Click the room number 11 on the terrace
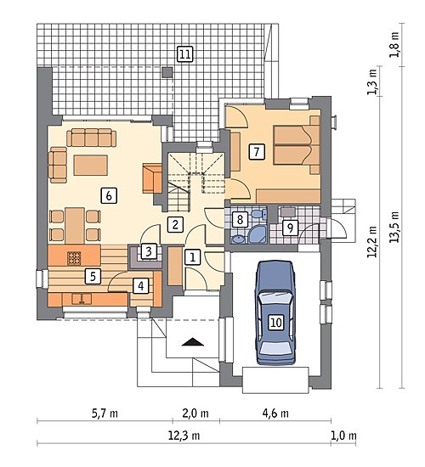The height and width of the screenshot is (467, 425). coord(185,54)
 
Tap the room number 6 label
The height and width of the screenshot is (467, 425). coord(109,195)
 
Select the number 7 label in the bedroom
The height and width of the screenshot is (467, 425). coord(257,152)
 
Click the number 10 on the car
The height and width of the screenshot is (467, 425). coord(276,323)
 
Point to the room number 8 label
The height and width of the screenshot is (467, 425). coord(240,220)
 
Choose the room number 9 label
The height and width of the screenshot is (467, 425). coord(290,228)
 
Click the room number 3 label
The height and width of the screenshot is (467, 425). coord(149,251)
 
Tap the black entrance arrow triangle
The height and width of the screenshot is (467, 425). coord(193,342)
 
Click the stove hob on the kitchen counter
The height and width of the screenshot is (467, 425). coord(74,258)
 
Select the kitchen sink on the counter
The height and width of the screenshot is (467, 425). coord(82,299)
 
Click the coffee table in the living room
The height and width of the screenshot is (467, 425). coord(91,165)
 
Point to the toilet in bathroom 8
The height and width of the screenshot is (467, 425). coord(259,213)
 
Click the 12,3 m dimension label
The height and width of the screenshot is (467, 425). coord(184,436)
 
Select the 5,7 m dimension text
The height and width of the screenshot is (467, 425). coord(105,414)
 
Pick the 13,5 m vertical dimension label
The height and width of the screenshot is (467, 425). coord(394,227)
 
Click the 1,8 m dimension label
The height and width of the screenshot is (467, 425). coord(394,44)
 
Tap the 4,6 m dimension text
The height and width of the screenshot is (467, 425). coord(275,414)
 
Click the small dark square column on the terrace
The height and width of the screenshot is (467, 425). coord(167,72)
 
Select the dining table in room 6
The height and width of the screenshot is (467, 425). coord(75,226)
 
